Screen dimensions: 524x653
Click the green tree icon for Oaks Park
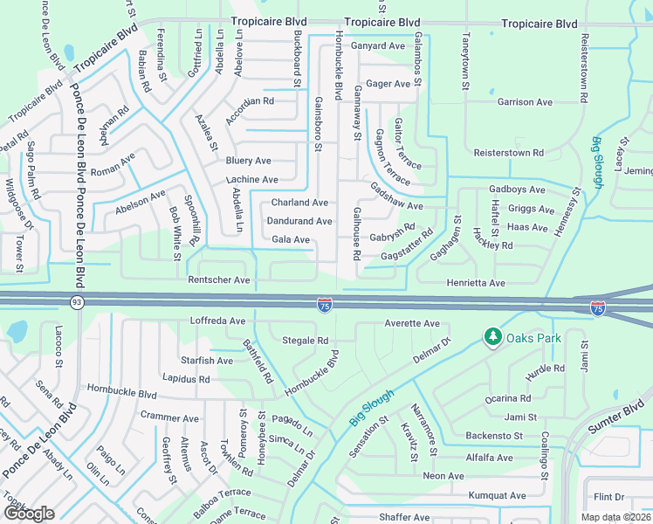[x=492, y=336]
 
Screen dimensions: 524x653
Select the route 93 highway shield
[x=77, y=303]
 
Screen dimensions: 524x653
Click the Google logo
[x=29, y=513]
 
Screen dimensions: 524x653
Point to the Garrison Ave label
[x=525, y=102]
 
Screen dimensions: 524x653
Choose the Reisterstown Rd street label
[x=508, y=153]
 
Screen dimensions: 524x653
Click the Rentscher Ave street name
[x=219, y=280]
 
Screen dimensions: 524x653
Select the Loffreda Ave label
[x=218, y=321]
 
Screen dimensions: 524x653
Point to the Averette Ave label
[x=412, y=324]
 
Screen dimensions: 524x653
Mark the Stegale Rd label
[x=305, y=341]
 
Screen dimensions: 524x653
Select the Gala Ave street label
[x=291, y=239]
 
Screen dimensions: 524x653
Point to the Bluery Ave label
[x=248, y=161]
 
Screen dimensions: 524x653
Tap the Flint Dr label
[x=608, y=497]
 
